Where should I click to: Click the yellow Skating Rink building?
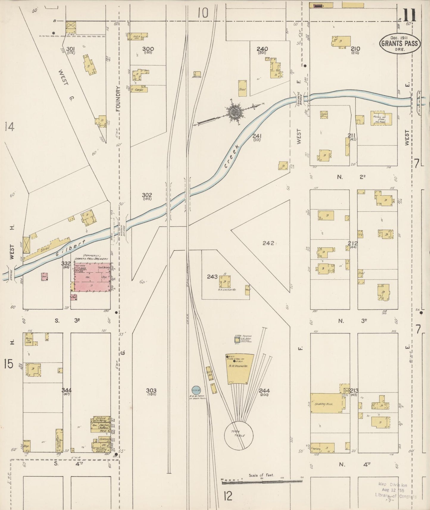click(326, 403)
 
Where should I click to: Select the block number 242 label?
click(268, 243)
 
